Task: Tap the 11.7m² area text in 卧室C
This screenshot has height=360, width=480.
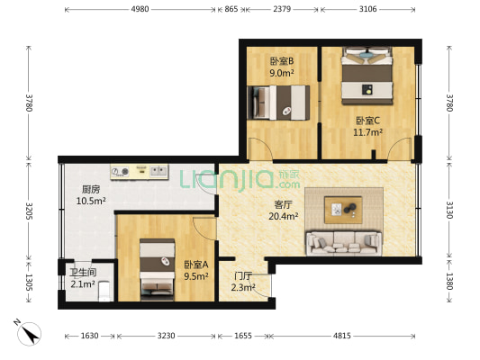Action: coord(367,131)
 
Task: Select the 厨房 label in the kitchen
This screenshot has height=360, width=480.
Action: coord(90,190)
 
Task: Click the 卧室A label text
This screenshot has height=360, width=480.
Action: coord(195,265)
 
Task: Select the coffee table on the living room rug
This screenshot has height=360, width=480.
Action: coord(343,211)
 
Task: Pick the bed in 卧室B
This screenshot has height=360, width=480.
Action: coord(280,102)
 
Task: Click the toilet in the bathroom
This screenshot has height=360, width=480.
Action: coord(104,291)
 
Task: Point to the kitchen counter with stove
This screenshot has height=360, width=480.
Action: coord(140,170)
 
